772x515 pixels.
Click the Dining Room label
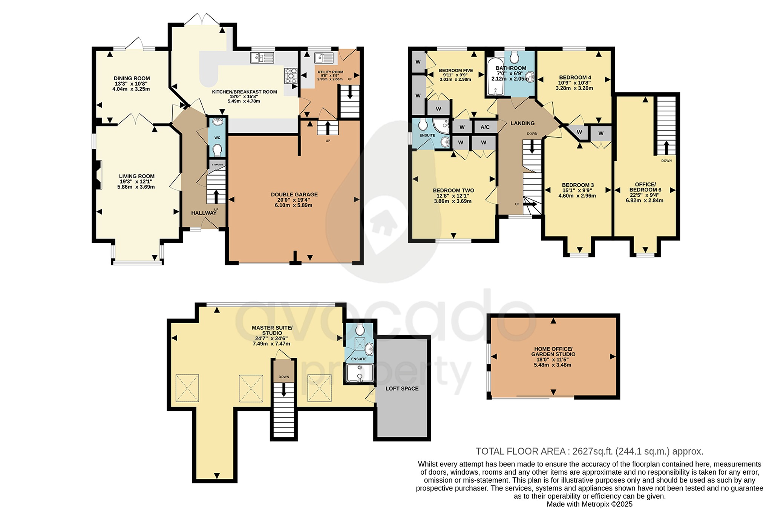pos(132,78)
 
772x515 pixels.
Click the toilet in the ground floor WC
pos(217,150)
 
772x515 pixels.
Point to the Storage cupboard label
pos(218,165)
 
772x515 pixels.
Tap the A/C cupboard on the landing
pos(485,127)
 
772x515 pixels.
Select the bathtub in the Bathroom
pos(494,77)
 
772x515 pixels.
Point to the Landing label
pos(522,123)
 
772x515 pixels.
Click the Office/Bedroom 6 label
pos(646,187)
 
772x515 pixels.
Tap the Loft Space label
pos(402,388)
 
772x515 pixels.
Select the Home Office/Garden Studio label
pos(553,351)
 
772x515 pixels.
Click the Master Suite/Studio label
pos(272,330)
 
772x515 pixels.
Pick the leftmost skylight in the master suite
pos(187,388)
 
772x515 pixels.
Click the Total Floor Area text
pos(589,451)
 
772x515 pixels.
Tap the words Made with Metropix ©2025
pos(589,504)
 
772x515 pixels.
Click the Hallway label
pos(204,213)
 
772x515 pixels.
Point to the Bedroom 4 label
pos(575,77)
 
